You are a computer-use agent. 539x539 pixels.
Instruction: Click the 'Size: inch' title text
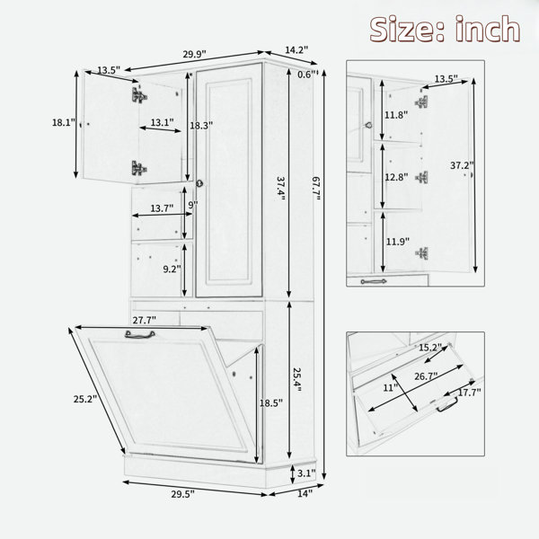[445, 30]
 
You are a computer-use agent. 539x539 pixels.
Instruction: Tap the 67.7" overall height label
[316, 189]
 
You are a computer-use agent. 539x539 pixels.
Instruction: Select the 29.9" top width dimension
[194, 54]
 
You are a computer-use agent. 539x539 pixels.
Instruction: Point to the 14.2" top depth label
[296, 49]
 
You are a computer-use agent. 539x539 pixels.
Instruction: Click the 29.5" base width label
[183, 494]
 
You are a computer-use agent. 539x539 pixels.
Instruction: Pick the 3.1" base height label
[306, 473]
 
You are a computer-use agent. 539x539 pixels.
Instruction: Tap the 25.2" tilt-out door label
[85, 399]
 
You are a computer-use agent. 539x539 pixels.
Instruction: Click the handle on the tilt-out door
[139, 334]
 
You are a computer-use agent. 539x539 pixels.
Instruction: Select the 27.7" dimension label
[145, 320]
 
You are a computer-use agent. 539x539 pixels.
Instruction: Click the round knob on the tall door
[199, 183]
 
